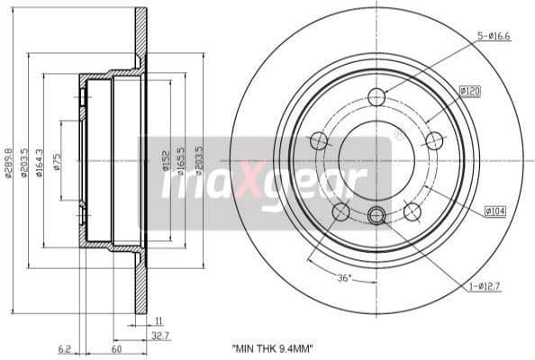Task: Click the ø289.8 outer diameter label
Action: coord(8,160)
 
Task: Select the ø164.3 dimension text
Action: coord(39,161)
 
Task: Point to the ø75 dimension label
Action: coord(58,162)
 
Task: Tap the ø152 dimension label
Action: coord(166,161)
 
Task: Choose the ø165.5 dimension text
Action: coord(182,160)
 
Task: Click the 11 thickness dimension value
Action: coord(158,319)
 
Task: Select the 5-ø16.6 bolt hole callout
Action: coord(495,36)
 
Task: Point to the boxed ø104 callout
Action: coord(494,211)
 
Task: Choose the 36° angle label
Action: coord(342,278)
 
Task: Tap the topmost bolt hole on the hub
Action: coord(376,96)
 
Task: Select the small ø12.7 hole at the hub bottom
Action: coord(376,214)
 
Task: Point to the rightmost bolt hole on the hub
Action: coord(433,140)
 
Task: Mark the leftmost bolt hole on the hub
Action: coord(319,140)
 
